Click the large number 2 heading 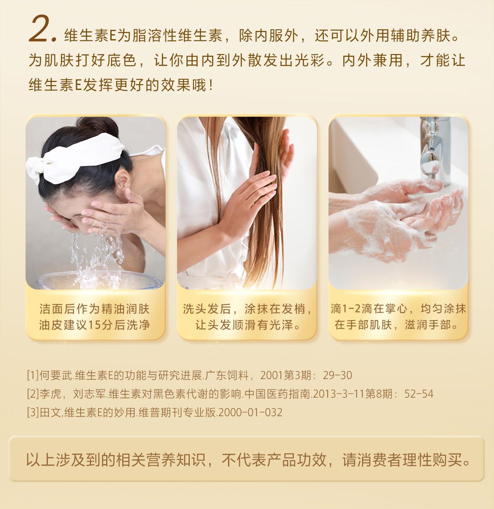[42, 29]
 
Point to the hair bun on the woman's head [98, 127]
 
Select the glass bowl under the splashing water [100, 280]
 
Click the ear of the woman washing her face [122, 182]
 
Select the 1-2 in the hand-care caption [352, 309]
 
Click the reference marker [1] [33, 375]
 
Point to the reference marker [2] [33, 394]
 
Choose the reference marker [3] [33, 412]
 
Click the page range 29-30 [337, 375]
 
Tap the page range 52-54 [419, 394]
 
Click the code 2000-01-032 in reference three [250, 412]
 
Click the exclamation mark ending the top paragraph [211, 85]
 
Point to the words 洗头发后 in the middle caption [207, 309]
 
